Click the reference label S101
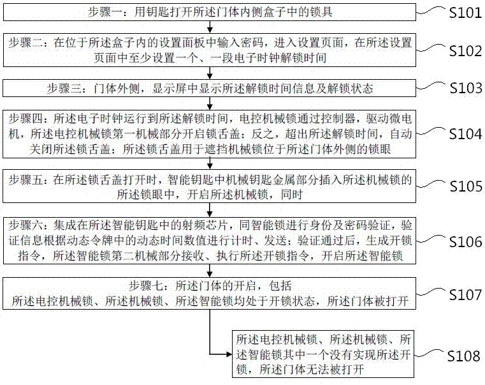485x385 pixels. click(x=465, y=13)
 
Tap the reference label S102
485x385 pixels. click(x=465, y=51)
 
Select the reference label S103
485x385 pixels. click(x=465, y=88)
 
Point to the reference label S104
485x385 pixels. click(x=465, y=134)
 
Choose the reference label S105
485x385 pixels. click(x=465, y=186)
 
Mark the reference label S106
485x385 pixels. click(x=465, y=242)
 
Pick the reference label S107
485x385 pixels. click(x=465, y=294)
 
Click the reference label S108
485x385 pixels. click(x=464, y=356)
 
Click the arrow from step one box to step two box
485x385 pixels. click(x=210, y=27)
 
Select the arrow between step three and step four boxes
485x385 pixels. click(x=210, y=103)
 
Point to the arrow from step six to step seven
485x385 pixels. click(x=210, y=271)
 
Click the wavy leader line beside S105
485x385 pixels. click(x=432, y=183)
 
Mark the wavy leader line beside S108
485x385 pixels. click(x=430, y=353)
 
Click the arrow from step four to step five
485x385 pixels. click(x=210, y=163)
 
